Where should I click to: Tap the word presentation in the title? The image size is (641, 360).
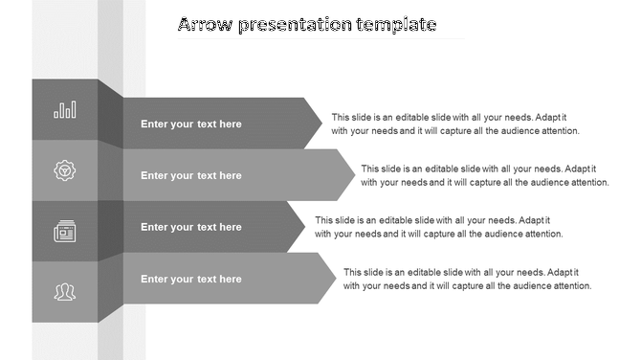coord(291,25)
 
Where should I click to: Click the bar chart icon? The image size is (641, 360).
coord(65,111)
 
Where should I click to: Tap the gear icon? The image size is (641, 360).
coord(65,170)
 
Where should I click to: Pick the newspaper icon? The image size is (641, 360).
coord(65,231)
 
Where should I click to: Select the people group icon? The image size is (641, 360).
coord(65,291)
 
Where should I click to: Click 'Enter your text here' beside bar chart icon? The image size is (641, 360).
coord(191,124)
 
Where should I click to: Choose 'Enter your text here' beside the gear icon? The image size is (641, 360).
coord(191,176)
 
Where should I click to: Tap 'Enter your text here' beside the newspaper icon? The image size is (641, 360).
coord(191,228)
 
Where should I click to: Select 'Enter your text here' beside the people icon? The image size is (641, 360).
coord(191,280)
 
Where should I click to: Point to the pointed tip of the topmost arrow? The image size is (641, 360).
coord(322,123)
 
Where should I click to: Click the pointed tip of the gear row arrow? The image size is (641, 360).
coord(354,174)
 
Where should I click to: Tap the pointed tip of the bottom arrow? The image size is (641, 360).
coord(335,278)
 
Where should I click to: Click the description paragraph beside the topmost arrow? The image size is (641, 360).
coord(455,124)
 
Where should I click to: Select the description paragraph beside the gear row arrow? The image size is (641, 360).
coord(484,175)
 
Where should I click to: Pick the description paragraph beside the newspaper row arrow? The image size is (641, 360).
coord(438,227)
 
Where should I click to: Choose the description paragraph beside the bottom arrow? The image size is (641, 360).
coord(467,279)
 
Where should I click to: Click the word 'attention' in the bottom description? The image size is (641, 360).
coord(570,285)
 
